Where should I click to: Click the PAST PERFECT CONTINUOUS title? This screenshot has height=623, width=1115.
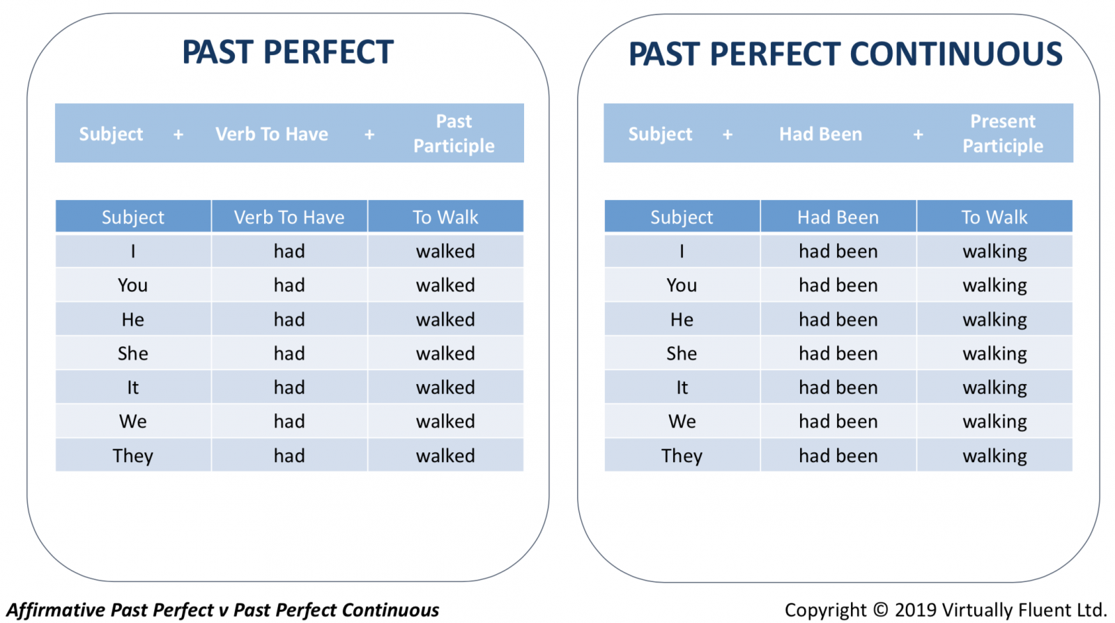845,53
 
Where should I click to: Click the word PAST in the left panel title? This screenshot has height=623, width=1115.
219,52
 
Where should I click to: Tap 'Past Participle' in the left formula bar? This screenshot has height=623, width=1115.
454,133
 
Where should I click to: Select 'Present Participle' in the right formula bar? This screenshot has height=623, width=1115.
1003,133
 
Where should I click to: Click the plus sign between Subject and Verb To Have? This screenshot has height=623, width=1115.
178,134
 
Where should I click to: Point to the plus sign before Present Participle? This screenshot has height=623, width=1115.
918,134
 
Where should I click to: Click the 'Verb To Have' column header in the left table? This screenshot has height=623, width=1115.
289,217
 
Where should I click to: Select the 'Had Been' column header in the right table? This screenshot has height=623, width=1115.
838,217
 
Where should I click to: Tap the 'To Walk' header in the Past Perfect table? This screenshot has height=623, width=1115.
445,217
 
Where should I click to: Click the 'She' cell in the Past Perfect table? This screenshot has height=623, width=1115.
133,353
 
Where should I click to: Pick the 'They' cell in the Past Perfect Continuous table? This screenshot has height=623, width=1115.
682,456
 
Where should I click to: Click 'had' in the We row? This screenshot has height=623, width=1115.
289,422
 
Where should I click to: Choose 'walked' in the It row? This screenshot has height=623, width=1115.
445,387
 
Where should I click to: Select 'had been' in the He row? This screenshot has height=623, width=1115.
838,319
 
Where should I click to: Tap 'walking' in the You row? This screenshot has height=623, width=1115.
994,286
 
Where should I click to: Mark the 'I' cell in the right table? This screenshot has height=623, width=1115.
682,252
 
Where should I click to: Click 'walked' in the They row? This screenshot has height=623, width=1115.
445,456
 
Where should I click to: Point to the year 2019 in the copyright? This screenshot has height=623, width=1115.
916,610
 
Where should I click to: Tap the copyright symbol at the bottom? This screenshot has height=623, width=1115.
881,610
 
